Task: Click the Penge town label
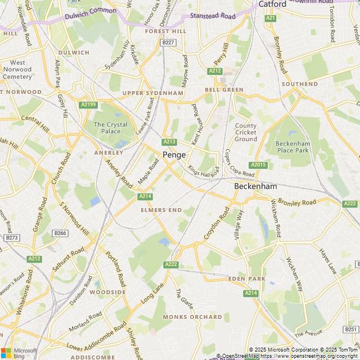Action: pos(174,155)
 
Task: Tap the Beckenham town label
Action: pos(255,186)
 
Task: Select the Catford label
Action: pos(272,4)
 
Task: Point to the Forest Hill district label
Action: pos(165,31)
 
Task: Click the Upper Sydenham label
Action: pos(153,93)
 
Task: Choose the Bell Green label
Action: pos(224,89)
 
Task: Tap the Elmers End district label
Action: pos(161,210)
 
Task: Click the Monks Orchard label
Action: pos(184,317)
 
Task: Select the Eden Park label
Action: pos(247,279)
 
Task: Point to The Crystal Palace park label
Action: pos(110,128)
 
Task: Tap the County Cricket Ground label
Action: pos(246,132)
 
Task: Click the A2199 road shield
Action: pos(88,104)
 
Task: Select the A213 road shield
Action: pos(169,142)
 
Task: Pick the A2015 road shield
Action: pos(258,165)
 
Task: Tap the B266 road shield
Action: pos(60,233)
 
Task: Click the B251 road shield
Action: pos(350,329)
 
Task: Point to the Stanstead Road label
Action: pos(212,16)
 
